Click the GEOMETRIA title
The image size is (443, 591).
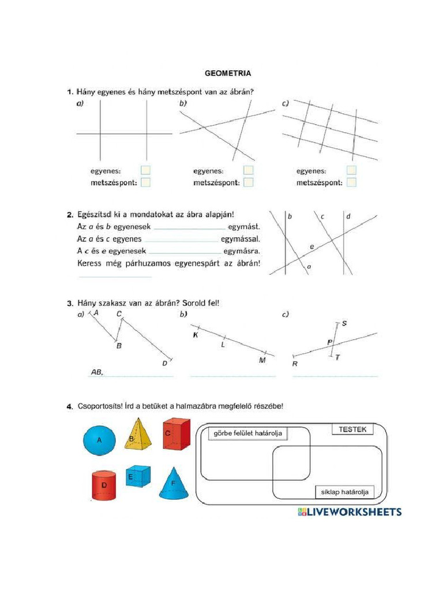[228, 73]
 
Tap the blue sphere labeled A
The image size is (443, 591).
[99, 440]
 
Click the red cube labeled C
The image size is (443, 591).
[175, 434]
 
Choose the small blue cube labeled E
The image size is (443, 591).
[137, 476]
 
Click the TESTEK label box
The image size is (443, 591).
[352, 429]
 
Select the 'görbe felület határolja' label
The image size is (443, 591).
[248, 433]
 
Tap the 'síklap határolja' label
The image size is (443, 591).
[344, 492]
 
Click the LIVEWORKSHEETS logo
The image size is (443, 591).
[350, 512]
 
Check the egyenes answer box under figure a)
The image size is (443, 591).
[145, 170]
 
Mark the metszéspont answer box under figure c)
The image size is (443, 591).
[351, 182]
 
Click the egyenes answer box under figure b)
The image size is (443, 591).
[248, 170]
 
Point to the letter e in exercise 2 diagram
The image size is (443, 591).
[312, 246]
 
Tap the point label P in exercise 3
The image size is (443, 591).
[329, 343]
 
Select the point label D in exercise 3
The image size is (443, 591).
[164, 363]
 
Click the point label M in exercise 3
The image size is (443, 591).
[262, 360]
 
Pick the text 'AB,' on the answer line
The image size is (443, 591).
[97, 373]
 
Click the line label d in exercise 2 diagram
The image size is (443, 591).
[348, 216]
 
